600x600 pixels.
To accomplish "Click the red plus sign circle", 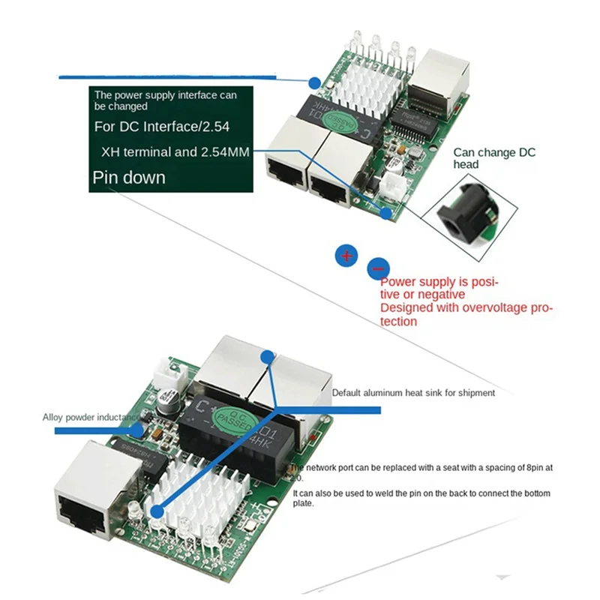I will pos(346,256).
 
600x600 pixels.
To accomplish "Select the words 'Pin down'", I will pos(128,178).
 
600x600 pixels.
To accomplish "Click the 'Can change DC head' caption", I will pos(494,158).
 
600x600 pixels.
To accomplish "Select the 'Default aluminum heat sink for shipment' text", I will pos(413,392).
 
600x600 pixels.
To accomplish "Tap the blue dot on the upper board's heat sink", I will pos(315,82).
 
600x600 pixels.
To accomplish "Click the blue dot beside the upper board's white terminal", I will pos(387,213).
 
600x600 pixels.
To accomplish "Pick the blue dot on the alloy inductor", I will pos(136,430).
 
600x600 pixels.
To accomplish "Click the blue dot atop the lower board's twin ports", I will pos(268,356).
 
